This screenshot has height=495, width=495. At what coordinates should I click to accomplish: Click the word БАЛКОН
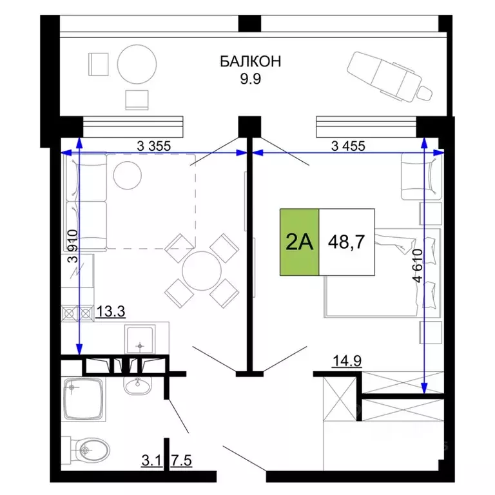click(x=250, y=61)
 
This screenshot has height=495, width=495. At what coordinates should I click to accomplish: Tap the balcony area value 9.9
click(x=250, y=79)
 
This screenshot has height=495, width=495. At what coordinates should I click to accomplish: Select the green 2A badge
click(x=299, y=242)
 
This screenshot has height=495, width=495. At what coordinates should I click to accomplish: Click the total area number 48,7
click(x=346, y=242)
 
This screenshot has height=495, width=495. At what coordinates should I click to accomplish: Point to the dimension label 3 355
click(x=154, y=146)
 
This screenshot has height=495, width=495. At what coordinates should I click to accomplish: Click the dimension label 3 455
click(x=348, y=146)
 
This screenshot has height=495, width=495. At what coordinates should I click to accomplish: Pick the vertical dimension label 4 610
click(x=418, y=265)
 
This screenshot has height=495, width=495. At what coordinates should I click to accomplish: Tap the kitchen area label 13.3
click(x=110, y=311)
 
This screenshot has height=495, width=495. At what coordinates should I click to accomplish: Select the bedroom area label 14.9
click(x=347, y=361)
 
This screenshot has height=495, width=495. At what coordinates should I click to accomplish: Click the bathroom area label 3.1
click(x=151, y=461)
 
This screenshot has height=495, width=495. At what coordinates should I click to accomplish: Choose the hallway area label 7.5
click(x=182, y=461)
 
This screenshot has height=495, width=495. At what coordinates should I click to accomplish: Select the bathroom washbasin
click(x=137, y=385)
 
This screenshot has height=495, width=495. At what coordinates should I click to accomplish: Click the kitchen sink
click(x=140, y=340)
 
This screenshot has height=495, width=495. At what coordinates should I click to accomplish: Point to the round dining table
click(x=202, y=271)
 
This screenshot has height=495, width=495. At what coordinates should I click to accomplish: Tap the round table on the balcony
click(x=137, y=64)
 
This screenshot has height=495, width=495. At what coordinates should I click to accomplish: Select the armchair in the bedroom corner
click(x=421, y=176)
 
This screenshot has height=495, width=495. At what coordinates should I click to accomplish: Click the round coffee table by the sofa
click(x=128, y=175)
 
